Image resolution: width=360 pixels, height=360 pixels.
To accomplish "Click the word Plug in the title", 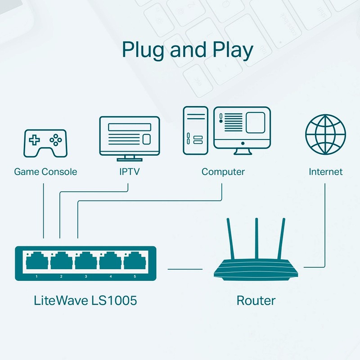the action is (x=143, y=50).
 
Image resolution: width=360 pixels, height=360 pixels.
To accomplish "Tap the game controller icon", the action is (x=45, y=143).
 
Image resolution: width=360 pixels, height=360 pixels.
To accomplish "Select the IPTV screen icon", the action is (x=130, y=139).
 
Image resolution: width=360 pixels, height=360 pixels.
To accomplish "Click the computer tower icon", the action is (x=196, y=130).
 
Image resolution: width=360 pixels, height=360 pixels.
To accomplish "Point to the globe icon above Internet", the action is (x=325, y=134).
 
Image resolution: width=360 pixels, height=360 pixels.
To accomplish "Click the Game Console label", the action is (x=45, y=172).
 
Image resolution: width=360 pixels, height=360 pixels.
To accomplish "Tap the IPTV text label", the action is (x=130, y=172).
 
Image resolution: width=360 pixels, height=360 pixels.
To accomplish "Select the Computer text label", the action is (x=223, y=172).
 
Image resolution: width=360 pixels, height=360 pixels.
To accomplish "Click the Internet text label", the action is (x=325, y=172).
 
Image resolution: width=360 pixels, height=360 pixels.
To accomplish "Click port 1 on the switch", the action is (x=37, y=261).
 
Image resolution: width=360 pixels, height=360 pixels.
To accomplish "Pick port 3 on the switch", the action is (x=86, y=261).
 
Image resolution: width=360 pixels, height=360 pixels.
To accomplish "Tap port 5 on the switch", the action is (x=135, y=261).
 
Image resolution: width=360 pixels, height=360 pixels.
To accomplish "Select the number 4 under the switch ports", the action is (x=111, y=276).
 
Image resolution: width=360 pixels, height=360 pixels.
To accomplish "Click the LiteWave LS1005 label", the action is (x=85, y=301).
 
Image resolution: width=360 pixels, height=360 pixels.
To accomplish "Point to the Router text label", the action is (x=256, y=301).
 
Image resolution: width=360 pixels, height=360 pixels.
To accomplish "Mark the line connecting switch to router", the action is (x=185, y=269).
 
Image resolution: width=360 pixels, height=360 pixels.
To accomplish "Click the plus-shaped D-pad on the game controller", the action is (x=34, y=139).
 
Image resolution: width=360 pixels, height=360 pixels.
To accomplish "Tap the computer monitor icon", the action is (x=242, y=130).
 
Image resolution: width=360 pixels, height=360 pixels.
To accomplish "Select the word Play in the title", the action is (x=233, y=50).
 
